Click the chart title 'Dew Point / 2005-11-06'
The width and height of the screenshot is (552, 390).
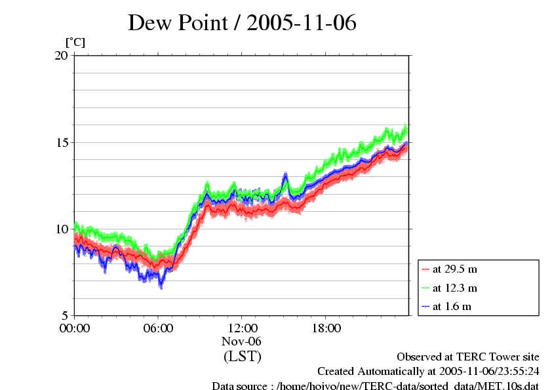242,23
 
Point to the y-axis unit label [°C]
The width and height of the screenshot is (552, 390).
75,43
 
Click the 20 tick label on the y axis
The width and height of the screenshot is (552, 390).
61,56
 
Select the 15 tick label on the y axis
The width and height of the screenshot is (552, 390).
61,142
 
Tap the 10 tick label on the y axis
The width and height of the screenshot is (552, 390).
61,229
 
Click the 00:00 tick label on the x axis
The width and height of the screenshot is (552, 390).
75,328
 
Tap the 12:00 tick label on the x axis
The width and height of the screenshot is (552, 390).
242,328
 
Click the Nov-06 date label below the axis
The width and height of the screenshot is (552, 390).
242,341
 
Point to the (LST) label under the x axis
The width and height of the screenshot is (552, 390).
242,357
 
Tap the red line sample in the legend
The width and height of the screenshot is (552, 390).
425,269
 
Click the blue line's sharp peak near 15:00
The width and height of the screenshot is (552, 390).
285,174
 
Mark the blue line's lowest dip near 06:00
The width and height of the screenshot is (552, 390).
161,286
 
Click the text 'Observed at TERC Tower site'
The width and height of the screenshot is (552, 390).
468,357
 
